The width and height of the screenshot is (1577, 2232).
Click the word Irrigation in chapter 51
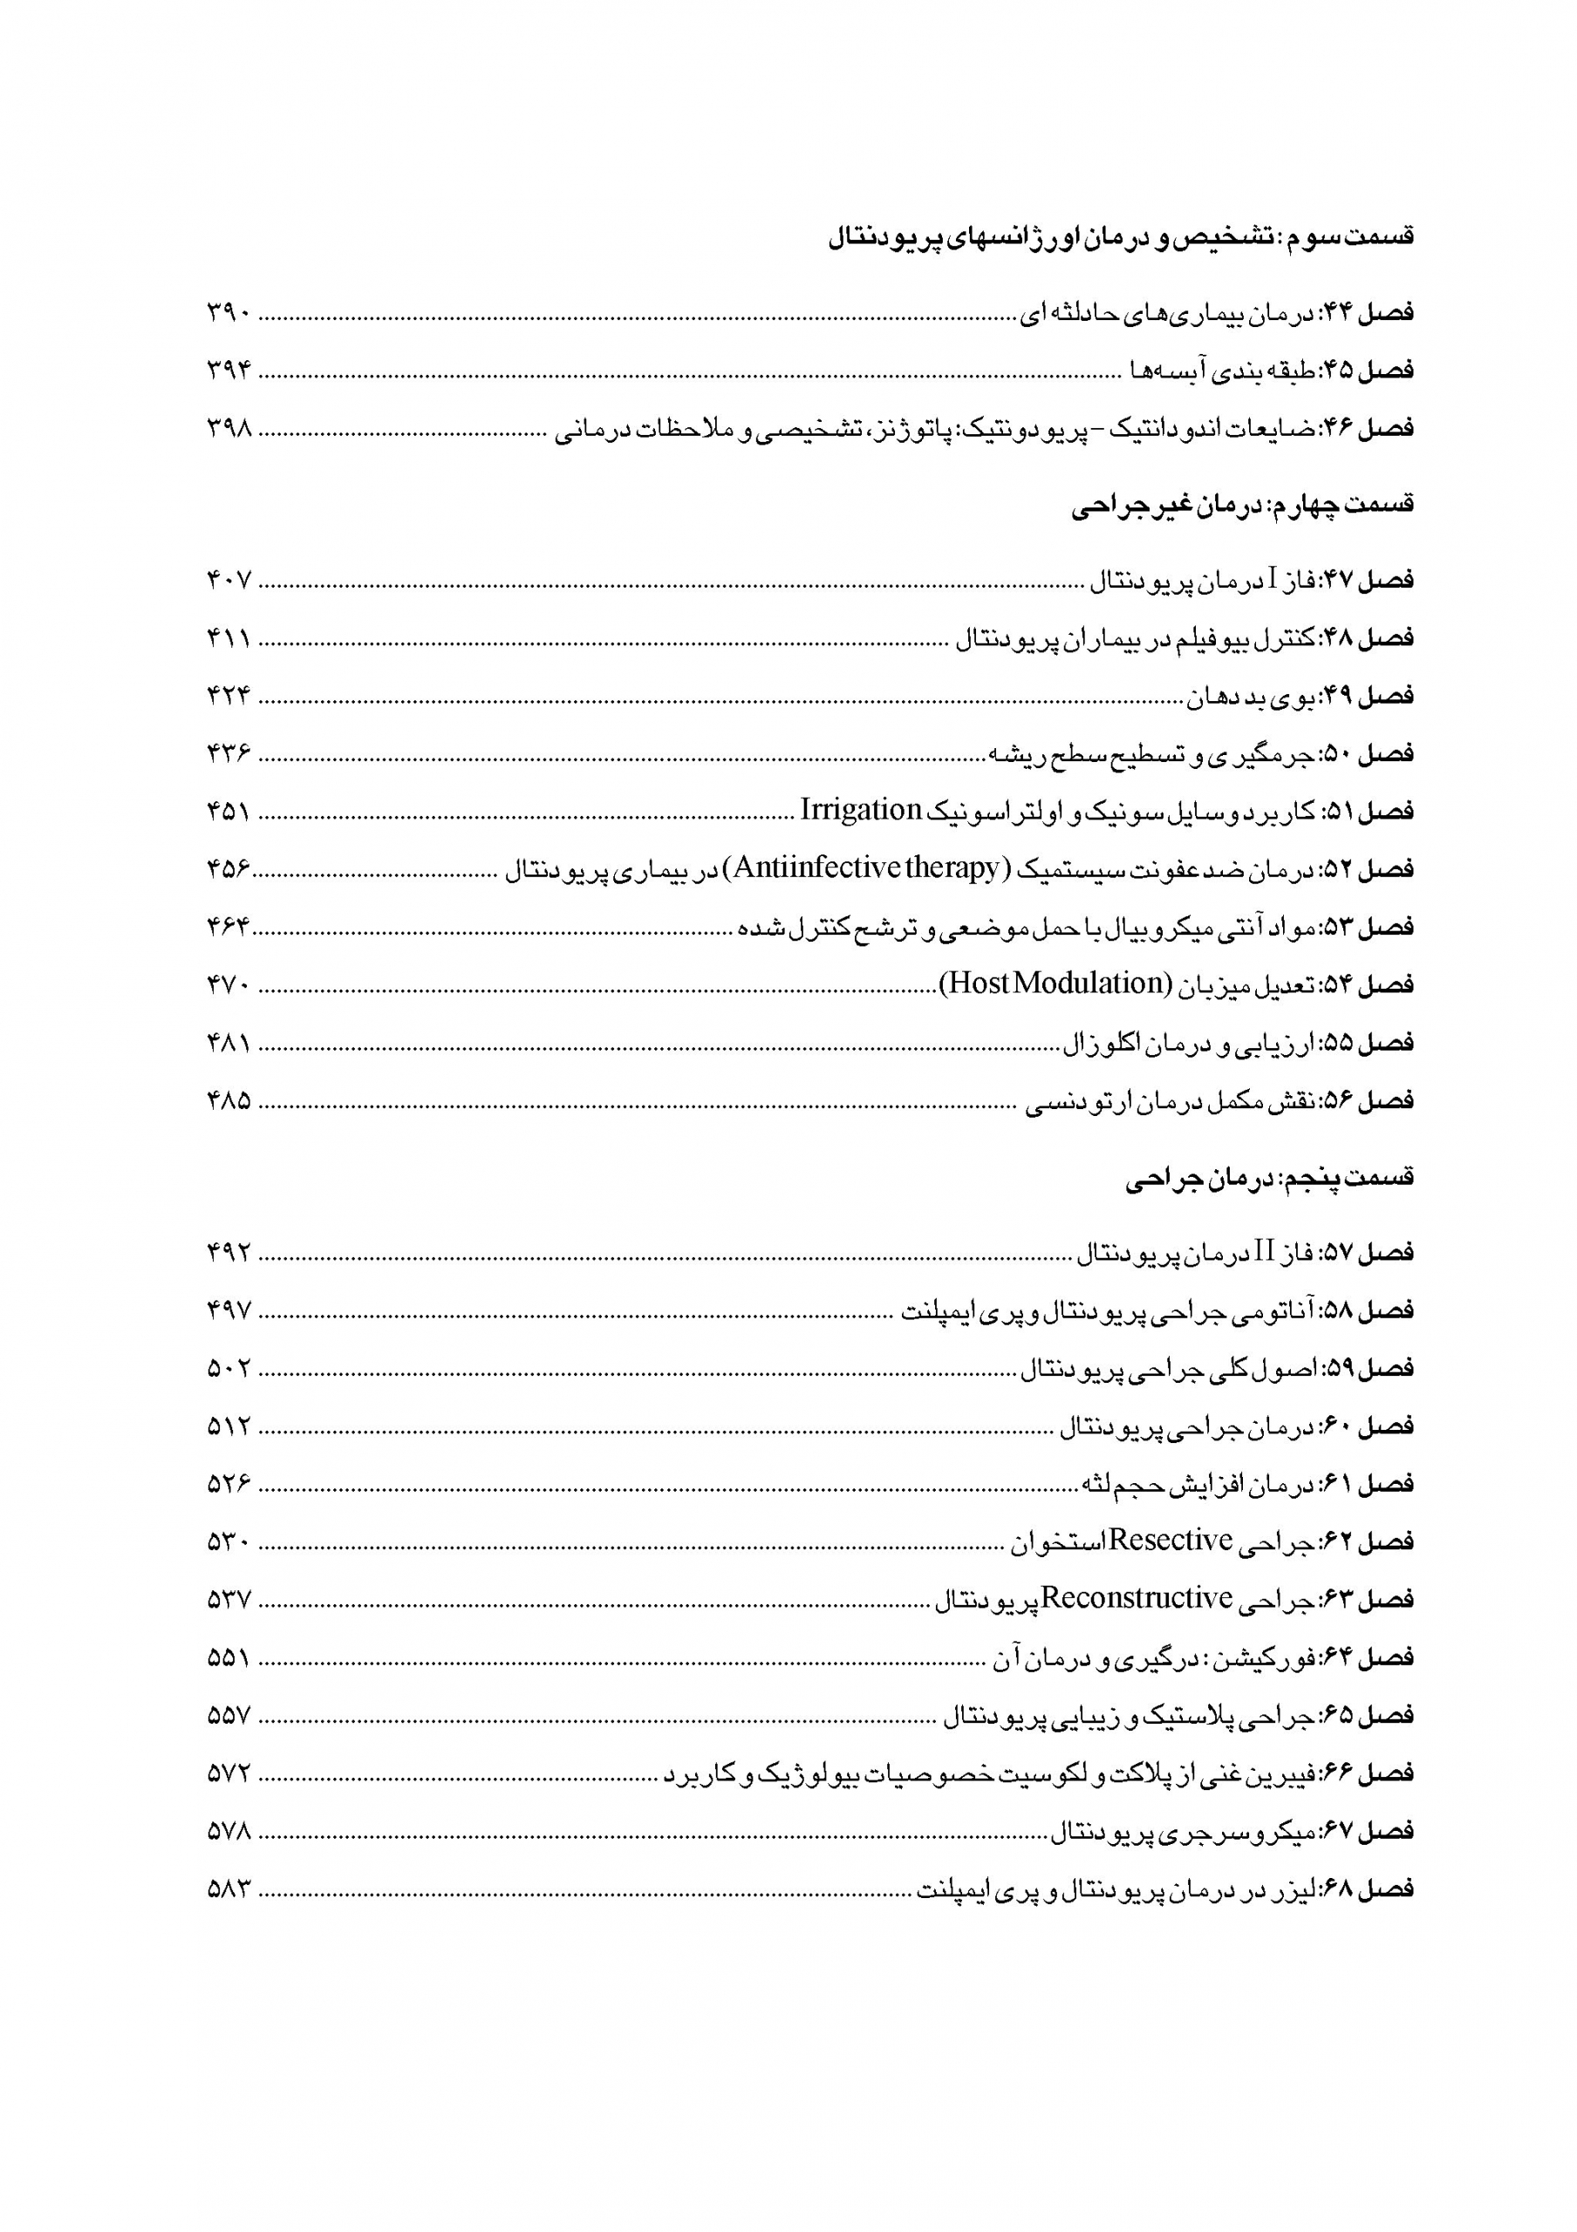click(x=860, y=810)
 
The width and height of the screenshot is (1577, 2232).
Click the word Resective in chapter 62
click(x=1171, y=1540)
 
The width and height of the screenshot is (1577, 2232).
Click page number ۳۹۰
click(x=229, y=313)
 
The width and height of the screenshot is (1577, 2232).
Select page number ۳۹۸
click(x=229, y=429)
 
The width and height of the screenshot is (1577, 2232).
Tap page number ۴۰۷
click(x=229, y=581)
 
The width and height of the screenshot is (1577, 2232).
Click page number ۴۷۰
click(x=229, y=984)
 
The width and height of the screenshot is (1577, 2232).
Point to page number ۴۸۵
click(x=229, y=1100)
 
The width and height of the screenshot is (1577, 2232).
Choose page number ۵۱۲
click(x=229, y=1426)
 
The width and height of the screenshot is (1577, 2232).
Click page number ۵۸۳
click(x=229, y=1888)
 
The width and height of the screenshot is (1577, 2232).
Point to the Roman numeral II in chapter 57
click(x=1264, y=1252)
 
